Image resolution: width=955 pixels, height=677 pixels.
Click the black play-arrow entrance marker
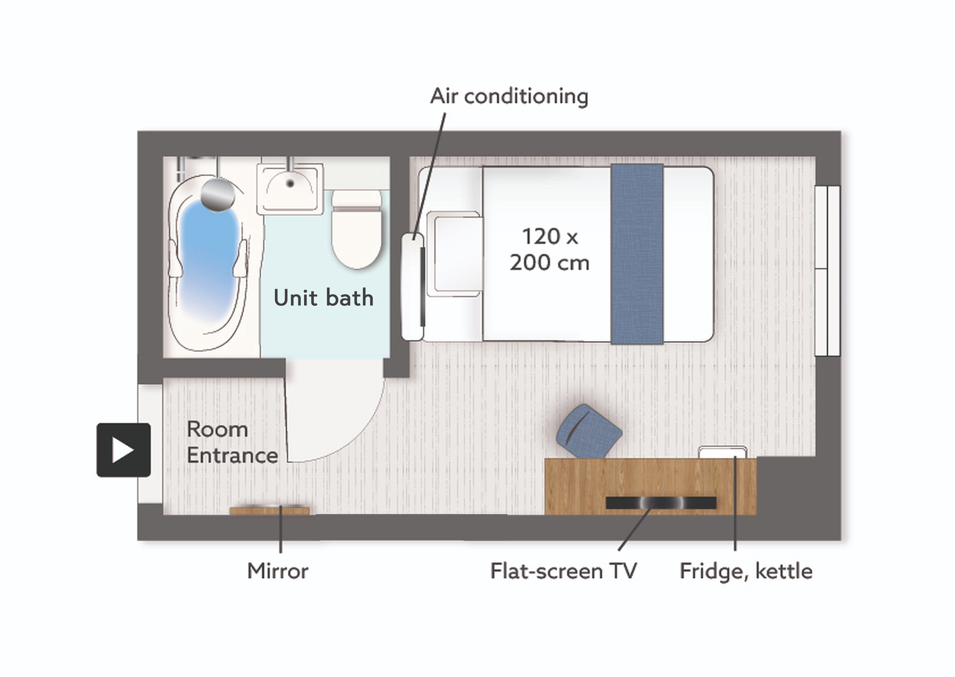pos(123,450)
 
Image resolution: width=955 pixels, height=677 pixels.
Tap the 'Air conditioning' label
pos(509,97)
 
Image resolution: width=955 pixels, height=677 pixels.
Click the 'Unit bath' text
pos(323,298)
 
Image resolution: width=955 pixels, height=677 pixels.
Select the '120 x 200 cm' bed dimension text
pos(550,249)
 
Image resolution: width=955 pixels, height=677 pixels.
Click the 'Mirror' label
pos(278,571)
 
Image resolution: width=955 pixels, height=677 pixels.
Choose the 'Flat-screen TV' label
pos(564,571)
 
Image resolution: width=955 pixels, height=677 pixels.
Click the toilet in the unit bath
pos(357,229)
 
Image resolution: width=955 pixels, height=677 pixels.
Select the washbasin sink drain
pos(290,183)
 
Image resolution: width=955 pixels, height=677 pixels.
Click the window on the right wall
pos(827,271)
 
